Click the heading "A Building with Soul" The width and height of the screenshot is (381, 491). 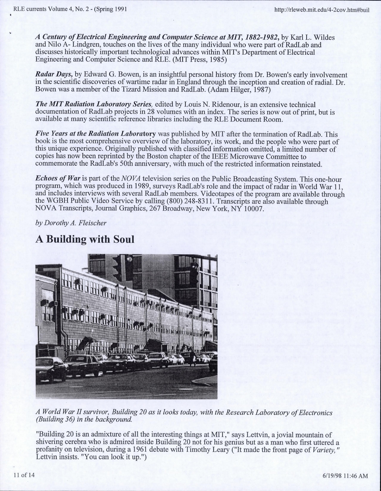click(x=85, y=239)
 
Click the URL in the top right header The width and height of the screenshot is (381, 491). click(x=323, y=9)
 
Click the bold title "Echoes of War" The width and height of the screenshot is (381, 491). click(x=57, y=179)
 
